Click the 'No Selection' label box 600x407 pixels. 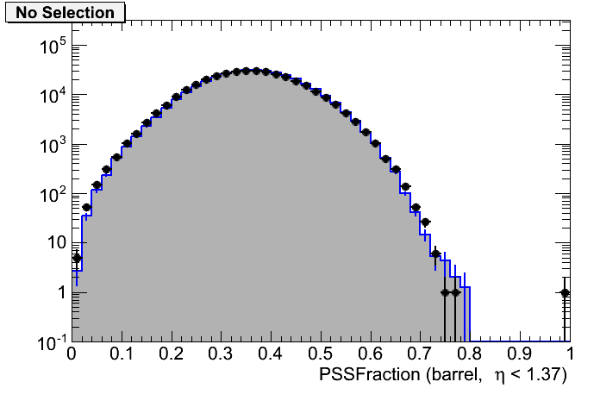pos(65,13)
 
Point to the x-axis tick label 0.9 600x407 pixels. pos(520,354)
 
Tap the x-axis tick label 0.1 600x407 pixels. pos(122,354)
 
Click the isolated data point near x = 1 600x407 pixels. pos(566,292)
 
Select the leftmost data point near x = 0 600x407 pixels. pos(76,258)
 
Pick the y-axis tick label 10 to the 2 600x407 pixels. pos(49,195)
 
